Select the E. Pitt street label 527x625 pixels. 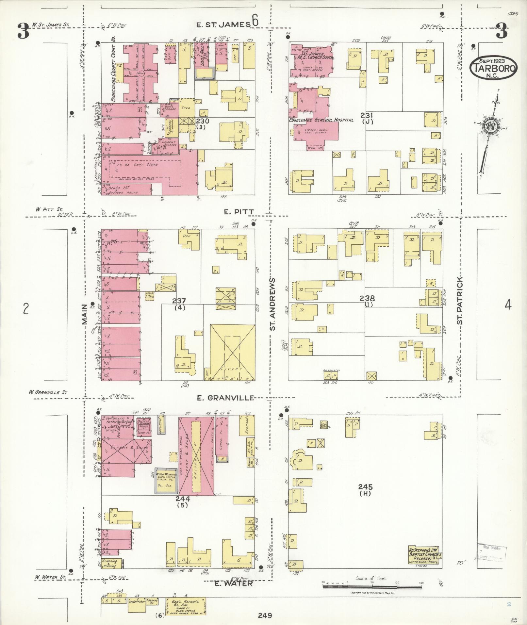239,212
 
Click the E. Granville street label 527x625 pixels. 225,398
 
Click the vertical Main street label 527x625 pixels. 85,314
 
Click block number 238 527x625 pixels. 367,298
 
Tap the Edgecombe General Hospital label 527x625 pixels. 321,120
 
